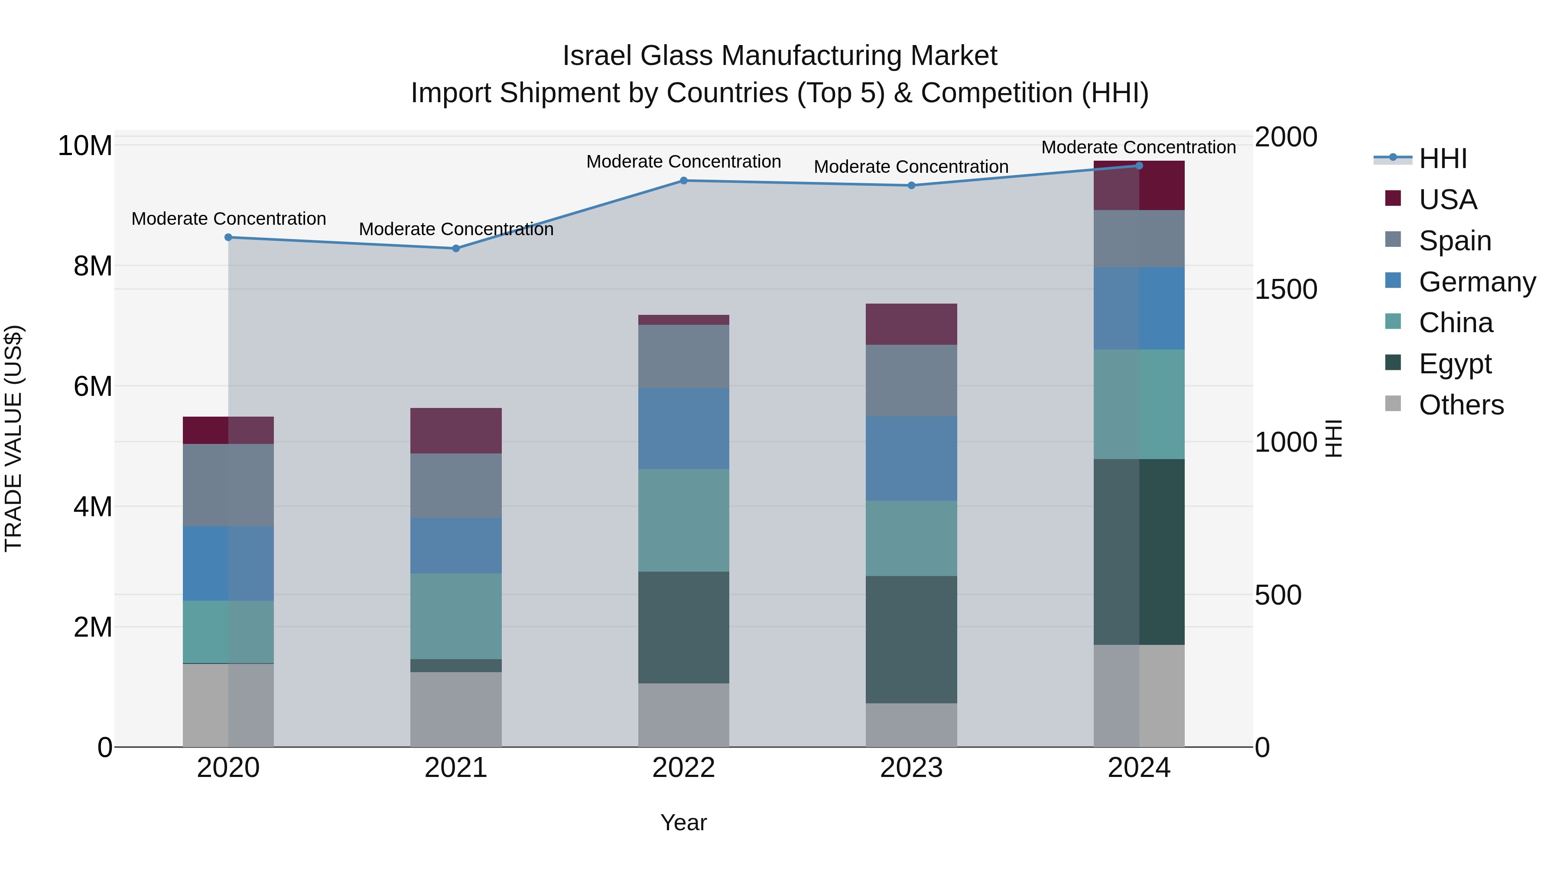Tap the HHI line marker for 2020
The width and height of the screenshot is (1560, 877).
pyautogui.click(x=228, y=237)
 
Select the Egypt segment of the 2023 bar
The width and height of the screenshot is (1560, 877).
pyautogui.click(x=911, y=639)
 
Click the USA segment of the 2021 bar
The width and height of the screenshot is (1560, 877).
pyautogui.click(x=455, y=430)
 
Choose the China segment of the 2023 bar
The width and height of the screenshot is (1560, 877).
pyautogui.click(x=911, y=537)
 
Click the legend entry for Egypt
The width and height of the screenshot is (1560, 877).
pyautogui.click(x=1455, y=364)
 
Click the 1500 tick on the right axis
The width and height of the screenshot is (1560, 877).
pyautogui.click(x=1285, y=289)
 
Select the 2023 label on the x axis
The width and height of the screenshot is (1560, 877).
pyautogui.click(x=911, y=767)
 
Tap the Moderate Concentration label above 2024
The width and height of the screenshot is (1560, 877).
pyautogui.click(x=1138, y=147)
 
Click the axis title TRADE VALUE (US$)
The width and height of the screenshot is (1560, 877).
pyautogui.click(x=13, y=438)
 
